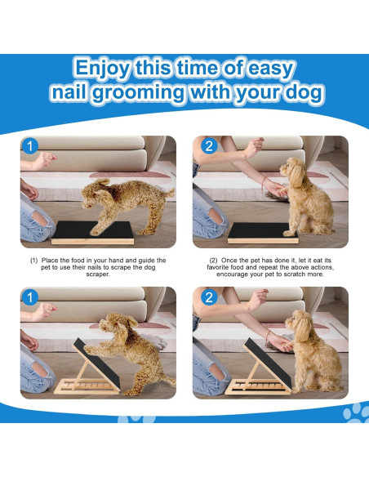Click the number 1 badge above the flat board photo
click(x=30, y=146)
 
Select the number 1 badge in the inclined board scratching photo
click(x=30, y=297)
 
